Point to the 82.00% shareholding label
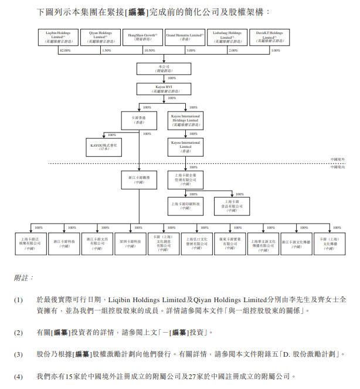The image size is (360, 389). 64,50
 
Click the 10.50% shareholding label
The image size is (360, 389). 150,50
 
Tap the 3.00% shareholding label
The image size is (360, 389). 191,50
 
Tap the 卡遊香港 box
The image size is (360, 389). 138,120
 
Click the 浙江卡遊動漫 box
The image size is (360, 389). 139,178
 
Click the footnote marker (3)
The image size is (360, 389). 18,354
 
